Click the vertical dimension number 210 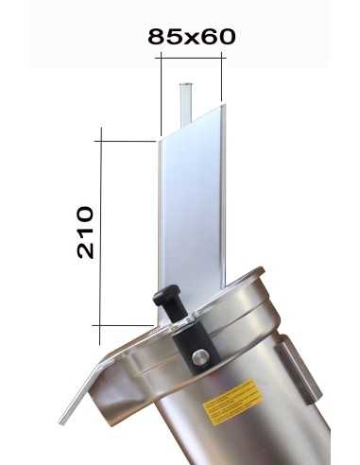(85, 232)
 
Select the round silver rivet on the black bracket (200, 356)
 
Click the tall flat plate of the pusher (191, 208)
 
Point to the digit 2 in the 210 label (85, 251)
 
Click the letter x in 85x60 (191, 37)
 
